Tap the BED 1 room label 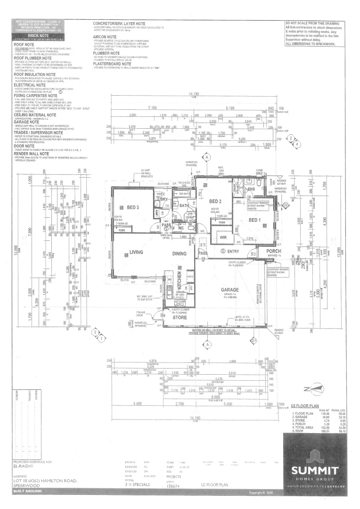click(254, 220)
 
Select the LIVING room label click(136, 253)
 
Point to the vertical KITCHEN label click(179, 280)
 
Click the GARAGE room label click(231, 290)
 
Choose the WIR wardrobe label click(223, 238)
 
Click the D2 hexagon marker click(285, 205)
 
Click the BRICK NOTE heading click(39, 35)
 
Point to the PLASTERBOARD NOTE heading click(114, 64)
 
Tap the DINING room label click(179, 253)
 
